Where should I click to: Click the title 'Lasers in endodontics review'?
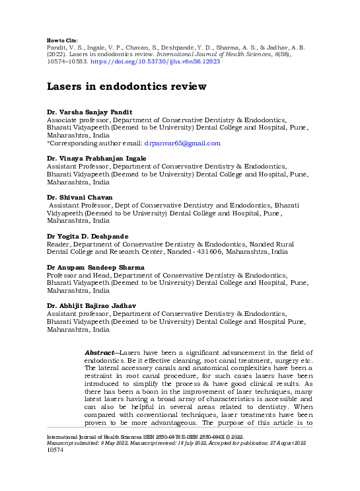pyautogui.click(x=126, y=87)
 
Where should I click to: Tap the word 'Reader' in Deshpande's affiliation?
pyautogui.click(x=58, y=244)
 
